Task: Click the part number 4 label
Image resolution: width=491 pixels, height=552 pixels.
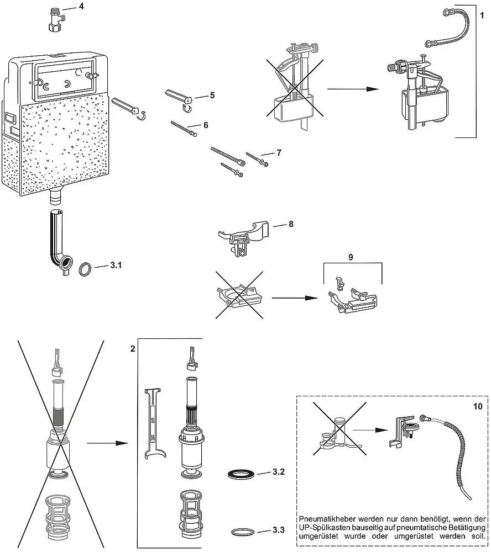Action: tap(81, 6)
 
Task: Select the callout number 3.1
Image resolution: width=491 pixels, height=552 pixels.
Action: tap(116, 265)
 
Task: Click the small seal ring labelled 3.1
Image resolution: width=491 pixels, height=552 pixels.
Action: tap(85, 269)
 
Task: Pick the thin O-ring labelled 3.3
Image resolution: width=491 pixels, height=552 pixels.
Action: tap(243, 532)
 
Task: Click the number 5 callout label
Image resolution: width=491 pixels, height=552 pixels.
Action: tap(212, 95)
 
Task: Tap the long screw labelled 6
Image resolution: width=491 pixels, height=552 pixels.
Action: tap(184, 129)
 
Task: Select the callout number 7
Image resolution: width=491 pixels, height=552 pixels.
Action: tap(279, 152)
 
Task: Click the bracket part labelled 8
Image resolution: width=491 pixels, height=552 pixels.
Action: tap(244, 237)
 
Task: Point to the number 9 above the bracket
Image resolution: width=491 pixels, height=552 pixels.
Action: tap(351, 257)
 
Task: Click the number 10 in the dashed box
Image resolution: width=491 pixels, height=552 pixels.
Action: tap(478, 406)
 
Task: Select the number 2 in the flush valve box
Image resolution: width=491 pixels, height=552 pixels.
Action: tap(133, 348)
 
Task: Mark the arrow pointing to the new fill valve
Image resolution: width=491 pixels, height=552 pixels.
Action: tap(353, 89)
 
